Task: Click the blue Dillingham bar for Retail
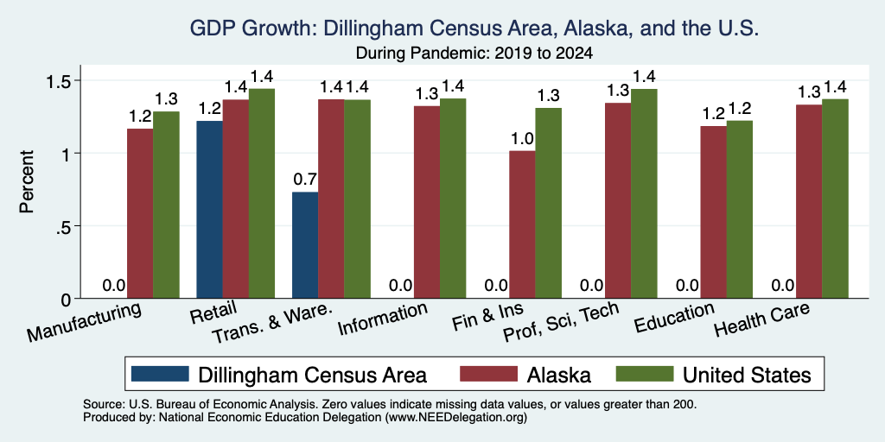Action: tap(209, 209)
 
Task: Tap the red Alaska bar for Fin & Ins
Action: tap(522, 224)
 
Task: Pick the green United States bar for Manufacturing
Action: tap(166, 205)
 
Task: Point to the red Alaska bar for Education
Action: tap(713, 212)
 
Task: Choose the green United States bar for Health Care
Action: tap(835, 199)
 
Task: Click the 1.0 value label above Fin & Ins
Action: tap(522, 139)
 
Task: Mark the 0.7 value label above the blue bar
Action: tap(305, 180)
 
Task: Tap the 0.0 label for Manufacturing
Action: tap(114, 286)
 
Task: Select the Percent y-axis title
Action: tap(27, 181)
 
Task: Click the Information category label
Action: tap(382, 319)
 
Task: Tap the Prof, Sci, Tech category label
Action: tap(560, 323)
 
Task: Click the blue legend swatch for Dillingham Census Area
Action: tap(160, 374)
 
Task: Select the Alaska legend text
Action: tap(559, 375)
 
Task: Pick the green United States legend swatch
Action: tap(644, 374)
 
